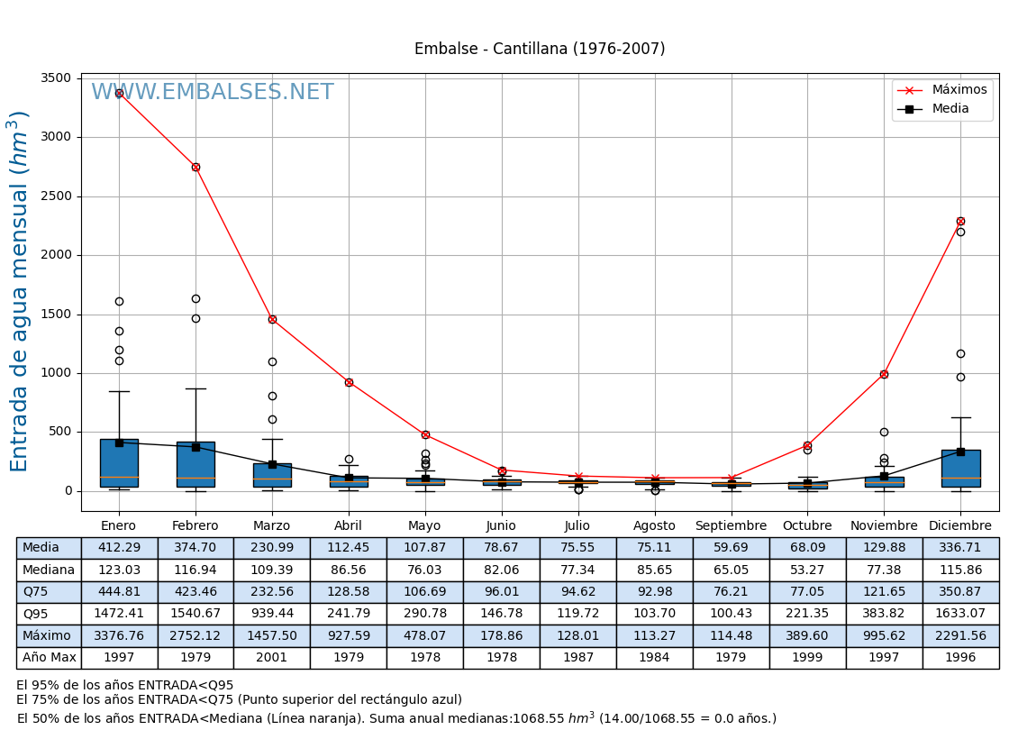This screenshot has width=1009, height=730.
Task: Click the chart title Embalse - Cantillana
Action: point(540,49)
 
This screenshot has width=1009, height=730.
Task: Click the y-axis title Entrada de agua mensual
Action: point(20,291)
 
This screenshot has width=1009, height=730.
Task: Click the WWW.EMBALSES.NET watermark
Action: point(212,93)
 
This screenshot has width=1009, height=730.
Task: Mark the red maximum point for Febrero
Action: point(195,167)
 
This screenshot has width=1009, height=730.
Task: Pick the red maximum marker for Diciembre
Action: point(960,221)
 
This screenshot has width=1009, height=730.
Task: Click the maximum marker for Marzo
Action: point(272,319)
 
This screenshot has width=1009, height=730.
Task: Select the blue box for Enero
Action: point(119,463)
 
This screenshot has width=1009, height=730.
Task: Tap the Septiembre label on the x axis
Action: point(731,525)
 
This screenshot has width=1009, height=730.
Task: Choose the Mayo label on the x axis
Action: point(424,525)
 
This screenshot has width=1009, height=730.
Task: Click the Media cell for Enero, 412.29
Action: point(119,548)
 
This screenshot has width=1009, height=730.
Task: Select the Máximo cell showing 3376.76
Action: point(119,635)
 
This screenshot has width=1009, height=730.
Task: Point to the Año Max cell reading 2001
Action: point(272,658)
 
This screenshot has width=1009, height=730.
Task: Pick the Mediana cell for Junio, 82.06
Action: point(501,570)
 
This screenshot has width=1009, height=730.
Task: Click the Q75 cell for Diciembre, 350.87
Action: point(960,592)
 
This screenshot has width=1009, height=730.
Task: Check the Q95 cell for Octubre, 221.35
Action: point(807,614)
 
